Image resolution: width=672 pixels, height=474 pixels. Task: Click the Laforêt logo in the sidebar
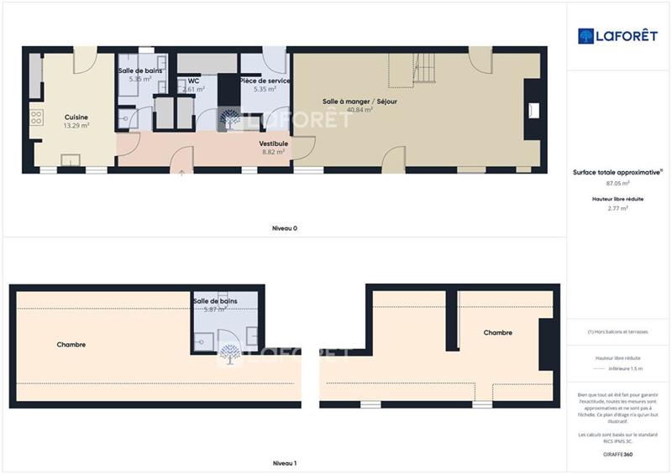pos(617,36)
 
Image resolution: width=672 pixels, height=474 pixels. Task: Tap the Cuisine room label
pos(76,117)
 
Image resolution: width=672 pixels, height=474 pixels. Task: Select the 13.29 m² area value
pos(76,126)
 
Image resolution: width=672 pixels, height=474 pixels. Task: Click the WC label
pos(193,81)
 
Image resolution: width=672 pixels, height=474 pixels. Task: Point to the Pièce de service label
pos(265,81)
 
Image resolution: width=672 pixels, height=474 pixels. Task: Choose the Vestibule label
pos(274,143)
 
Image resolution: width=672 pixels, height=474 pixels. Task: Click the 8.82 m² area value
pos(274,152)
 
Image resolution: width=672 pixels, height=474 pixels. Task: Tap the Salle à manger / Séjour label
pos(360,102)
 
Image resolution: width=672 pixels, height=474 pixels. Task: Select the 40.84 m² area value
pos(360,110)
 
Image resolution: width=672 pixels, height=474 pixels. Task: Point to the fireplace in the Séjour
pos(531,110)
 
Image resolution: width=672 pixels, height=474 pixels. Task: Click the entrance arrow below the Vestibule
pos(182,173)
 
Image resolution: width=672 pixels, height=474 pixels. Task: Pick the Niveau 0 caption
pos(284,228)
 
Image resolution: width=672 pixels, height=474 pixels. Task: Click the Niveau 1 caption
pos(284,463)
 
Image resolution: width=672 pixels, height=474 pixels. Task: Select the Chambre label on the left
pos(71,345)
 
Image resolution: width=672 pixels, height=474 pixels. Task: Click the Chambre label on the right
pos(498,333)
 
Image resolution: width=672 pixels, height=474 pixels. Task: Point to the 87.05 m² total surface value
pos(618,182)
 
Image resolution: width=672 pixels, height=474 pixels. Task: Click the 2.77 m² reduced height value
pos(618,208)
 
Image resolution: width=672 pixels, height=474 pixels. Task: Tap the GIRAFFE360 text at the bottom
pos(617,454)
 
